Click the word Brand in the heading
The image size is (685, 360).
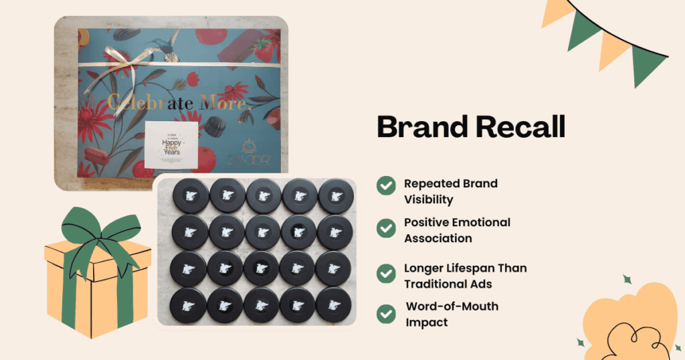(421, 126)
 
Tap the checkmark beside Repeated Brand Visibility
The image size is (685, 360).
(385, 185)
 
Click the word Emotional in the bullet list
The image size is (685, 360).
(479, 222)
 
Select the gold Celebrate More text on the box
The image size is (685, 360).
(177, 103)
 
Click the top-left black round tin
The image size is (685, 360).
(188, 196)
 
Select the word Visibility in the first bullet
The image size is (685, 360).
(429, 199)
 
